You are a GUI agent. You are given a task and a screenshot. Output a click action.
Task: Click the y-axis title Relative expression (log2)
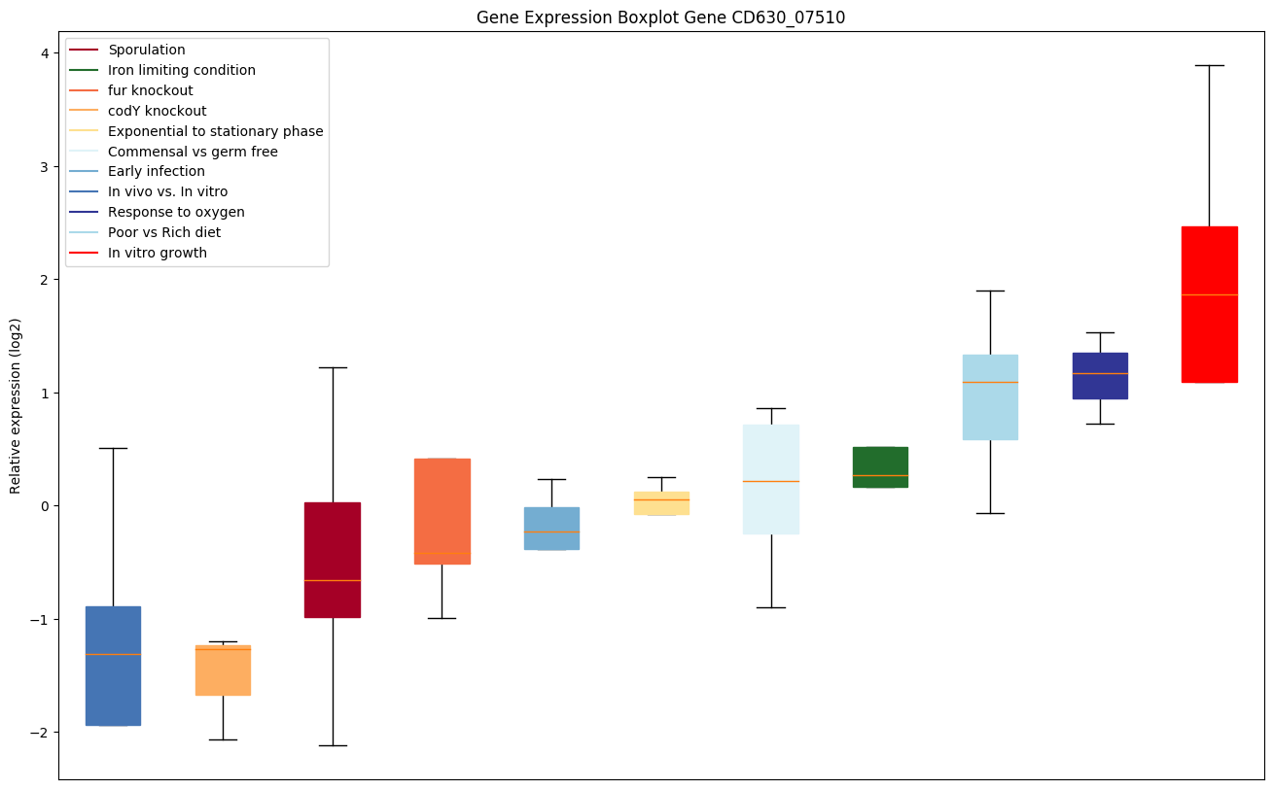(16, 406)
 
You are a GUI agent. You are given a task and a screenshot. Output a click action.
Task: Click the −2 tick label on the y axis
(40, 733)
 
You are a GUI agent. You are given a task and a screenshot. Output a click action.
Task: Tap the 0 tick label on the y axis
(44, 506)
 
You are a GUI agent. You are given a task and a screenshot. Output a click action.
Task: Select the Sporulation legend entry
(147, 50)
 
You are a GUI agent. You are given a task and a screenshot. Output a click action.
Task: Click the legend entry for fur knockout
(151, 90)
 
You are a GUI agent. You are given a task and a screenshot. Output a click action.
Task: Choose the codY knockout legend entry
(158, 111)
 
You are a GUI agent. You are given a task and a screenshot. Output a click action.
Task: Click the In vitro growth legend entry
(158, 253)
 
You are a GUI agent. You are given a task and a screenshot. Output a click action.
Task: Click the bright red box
(1209, 304)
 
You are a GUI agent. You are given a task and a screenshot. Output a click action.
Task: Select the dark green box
(880, 466)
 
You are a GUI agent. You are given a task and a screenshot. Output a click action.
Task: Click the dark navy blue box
(1100, 375)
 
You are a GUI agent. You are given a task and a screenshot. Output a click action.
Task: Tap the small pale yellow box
(661, 503)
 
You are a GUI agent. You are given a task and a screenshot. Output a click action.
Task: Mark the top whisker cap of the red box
(1209, 65)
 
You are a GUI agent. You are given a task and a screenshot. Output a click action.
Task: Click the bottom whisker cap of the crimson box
(333, 745)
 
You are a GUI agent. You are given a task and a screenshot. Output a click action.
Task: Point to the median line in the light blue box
(990, 382)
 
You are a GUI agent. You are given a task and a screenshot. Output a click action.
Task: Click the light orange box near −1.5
(223, 670)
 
